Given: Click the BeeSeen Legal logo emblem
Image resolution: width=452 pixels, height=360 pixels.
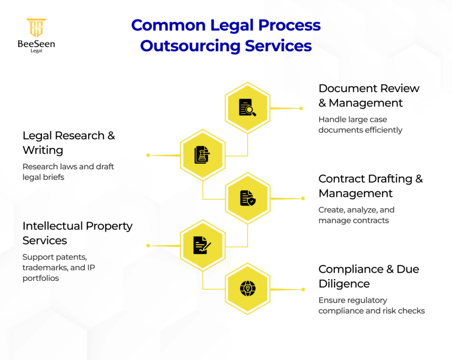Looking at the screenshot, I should pos(37,28).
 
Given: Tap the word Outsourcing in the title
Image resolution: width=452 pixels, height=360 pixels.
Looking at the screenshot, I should pos(191,45).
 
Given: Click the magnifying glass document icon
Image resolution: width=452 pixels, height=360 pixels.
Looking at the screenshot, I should pos(248,107).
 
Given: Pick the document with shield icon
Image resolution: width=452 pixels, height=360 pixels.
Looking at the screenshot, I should pos(248,198).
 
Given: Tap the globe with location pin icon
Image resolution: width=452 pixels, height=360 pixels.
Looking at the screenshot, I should pos(248,288).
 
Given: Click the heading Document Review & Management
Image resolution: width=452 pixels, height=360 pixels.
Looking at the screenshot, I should pos(369,95).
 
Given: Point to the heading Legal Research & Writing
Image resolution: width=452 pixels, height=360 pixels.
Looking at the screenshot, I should pos(68,143).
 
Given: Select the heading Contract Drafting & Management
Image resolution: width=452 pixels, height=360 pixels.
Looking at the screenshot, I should pos(370,186).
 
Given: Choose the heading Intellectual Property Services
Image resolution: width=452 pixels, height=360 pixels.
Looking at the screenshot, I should pos(77,233).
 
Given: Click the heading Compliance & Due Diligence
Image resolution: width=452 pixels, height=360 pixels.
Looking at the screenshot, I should pos(369,276).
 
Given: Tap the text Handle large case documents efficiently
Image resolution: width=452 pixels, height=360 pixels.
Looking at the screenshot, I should pos(360,125).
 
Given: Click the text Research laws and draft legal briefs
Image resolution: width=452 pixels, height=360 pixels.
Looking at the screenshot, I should pos(68,171).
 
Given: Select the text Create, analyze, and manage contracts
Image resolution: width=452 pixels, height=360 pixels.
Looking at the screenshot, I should pos(356,215).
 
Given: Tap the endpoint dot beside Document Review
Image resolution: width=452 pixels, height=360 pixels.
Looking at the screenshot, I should pos(301,108).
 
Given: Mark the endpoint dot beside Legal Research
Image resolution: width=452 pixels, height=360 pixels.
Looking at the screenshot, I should pos(148,155).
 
